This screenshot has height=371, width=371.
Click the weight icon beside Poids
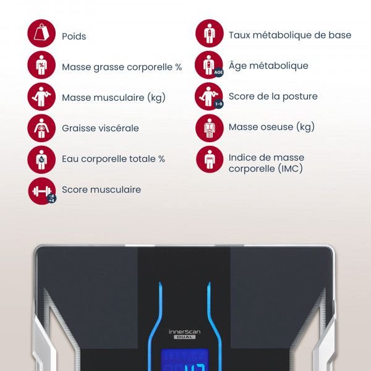[x=41, y=33]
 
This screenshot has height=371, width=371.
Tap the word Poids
[x=74, y=36]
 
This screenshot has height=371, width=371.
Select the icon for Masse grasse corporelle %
[x=41, y=65]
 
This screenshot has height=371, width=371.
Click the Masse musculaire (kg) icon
[x=41, y=96]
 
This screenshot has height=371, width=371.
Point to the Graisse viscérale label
[x=100, y=128]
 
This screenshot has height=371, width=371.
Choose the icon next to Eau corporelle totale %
[x=41, y=160]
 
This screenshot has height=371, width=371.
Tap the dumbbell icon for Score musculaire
[x=42, y=191]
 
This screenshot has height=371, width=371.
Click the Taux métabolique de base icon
[x=210, y=33]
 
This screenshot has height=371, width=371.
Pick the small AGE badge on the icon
[x=218, y=72]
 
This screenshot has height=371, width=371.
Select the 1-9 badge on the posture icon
[x=218, y=104]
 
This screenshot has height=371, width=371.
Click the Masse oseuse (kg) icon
[x=210, y=128]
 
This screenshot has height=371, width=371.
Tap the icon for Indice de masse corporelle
[x=210, y=160]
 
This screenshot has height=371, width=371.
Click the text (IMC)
[x=290, y=169]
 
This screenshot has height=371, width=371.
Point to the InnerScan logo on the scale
[x=184, y=331]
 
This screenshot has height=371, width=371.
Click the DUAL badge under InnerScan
[x=184, y=337]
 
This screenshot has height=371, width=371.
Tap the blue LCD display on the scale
[x=185, y=360]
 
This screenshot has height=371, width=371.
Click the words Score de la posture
[x=273, y=96]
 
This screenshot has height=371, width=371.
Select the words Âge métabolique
[x=268, y=66]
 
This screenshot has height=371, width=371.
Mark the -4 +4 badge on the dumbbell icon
[x=51, y=198]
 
